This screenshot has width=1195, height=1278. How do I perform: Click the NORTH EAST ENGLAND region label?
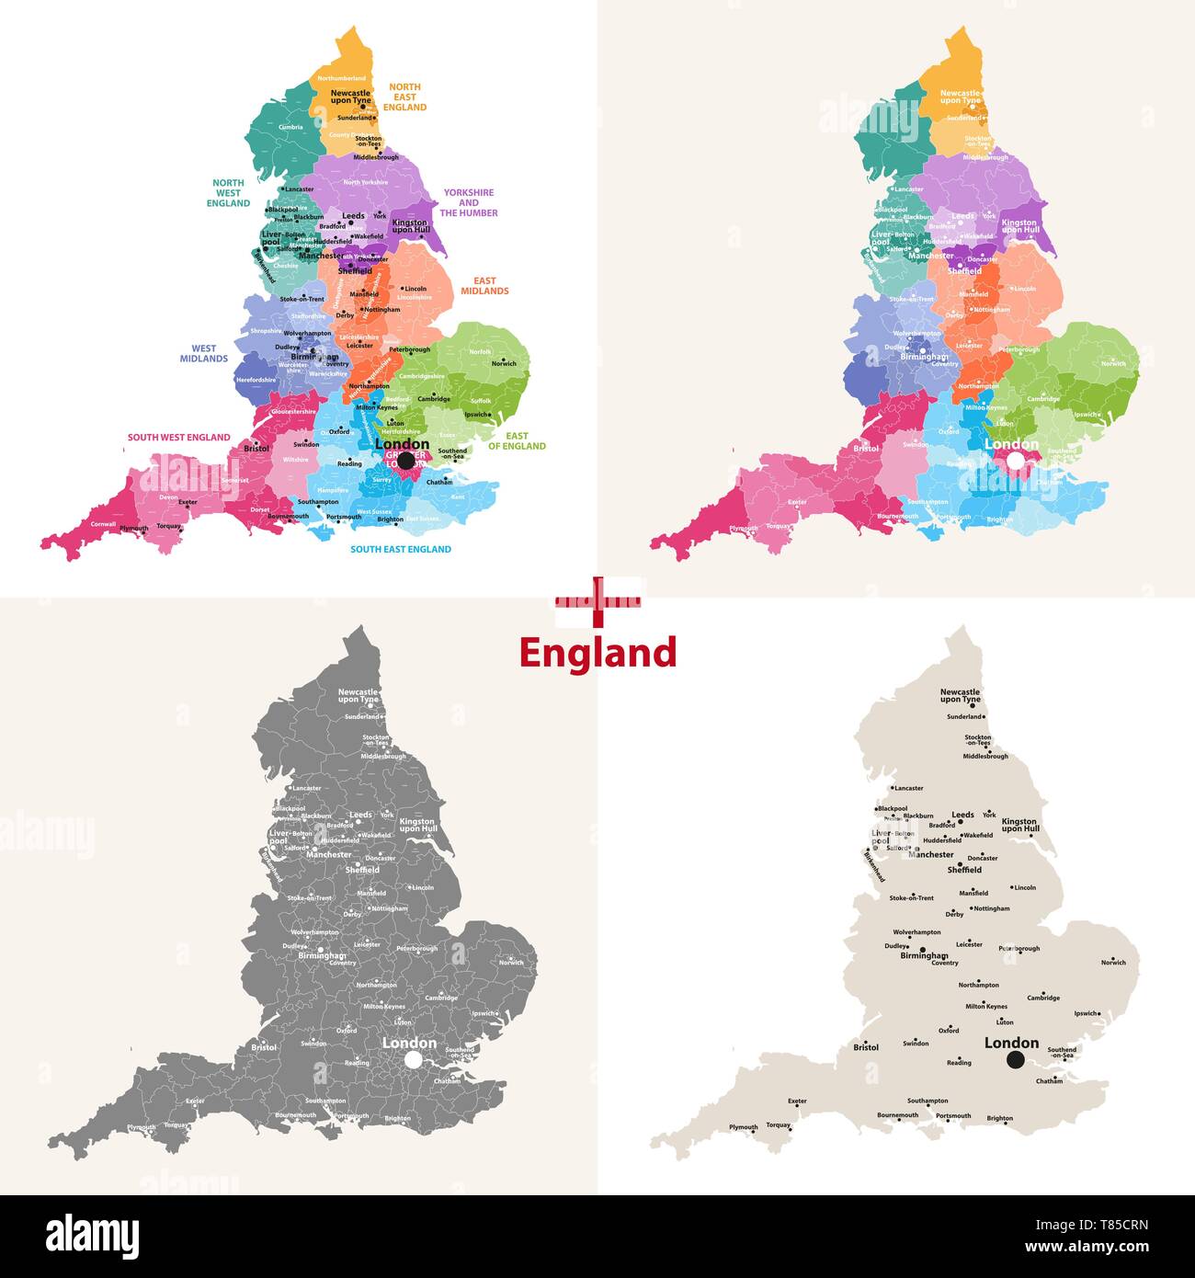click(404, 97)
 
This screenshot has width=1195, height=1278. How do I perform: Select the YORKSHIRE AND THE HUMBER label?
click(468, 203)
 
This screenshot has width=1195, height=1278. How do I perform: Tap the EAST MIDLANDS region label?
click(484, 286)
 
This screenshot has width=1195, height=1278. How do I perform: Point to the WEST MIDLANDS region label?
click(204, 354)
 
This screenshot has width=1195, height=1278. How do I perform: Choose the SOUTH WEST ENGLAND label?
click(178, 438)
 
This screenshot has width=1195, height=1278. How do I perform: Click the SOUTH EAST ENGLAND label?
click(401, 549)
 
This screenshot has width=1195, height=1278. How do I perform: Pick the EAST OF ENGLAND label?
click(517, 441)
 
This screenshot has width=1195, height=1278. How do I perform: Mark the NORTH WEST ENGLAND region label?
click(228, 193)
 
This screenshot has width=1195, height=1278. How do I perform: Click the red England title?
click(597, 653)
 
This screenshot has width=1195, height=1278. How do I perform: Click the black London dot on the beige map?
click(1015, 1060)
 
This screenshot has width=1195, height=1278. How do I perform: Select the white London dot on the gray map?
click(413, 1060)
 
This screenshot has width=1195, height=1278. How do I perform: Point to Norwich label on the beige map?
click(1113, 963)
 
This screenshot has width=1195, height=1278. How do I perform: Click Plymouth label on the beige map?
click(744, 1127)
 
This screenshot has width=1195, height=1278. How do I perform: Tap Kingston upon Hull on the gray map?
click(418, 825)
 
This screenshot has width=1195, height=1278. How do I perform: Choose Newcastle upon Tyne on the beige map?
click(961, 695)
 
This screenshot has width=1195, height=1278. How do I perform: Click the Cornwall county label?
click(103, 524)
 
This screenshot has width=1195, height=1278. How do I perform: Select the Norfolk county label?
click(480, 351)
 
